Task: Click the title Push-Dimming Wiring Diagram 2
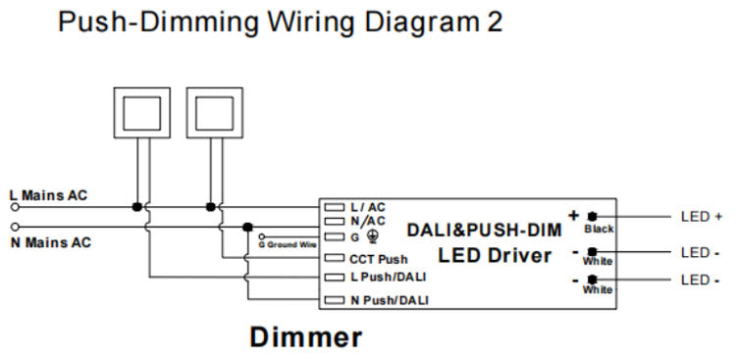click(280, 22)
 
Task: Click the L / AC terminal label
click(368, 208)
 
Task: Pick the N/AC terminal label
click(368, 222)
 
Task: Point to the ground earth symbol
click(372, 236)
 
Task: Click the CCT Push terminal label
click(379, 260)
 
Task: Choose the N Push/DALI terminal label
click(389, 299)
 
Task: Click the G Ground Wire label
click(289, 243)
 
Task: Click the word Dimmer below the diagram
click(305, 337)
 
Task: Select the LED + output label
click(701, 216)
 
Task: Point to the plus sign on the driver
click(573, 215)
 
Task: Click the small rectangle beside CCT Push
click(335, 260)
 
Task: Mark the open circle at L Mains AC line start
click(14, 207)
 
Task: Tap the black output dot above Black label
click(593, 216)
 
